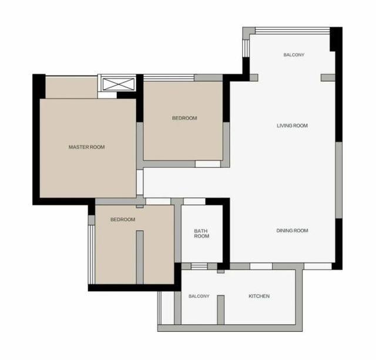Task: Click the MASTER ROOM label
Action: [x=86, y=147]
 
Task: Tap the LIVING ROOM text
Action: [x=292, y=126]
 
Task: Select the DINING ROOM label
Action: [x=292, y=231]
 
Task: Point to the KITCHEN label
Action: [x=259, y=296]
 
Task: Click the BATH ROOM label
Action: [x=202, y=234]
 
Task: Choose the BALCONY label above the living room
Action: [x=294, y=55]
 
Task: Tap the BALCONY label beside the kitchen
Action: [x=199, y=296]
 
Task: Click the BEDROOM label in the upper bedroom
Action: [x=184, y=118]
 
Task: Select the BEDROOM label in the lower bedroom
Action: [x=123, y=219]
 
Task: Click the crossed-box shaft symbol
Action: [x=117, y=84]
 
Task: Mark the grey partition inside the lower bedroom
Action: [x=140, y=257]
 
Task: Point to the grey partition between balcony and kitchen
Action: [x=221, y=310]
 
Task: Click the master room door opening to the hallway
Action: [x=140, y=183]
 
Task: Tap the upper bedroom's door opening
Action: [x=207, y=164]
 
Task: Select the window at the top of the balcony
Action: [x=293, y=31]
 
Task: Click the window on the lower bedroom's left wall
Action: [x=92, y=254]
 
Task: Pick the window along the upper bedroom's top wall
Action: [x=169, y=78]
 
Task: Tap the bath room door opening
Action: [x=194, y=201]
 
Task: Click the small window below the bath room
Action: [x=199, y=266]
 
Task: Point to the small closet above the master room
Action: [x=72, y=88]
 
